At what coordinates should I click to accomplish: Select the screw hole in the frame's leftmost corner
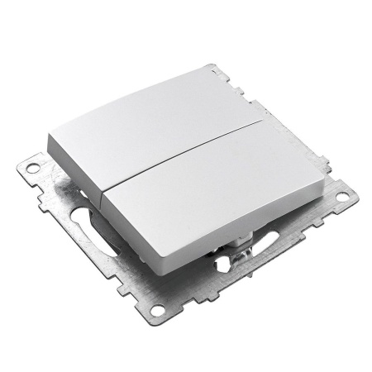(32, 169)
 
